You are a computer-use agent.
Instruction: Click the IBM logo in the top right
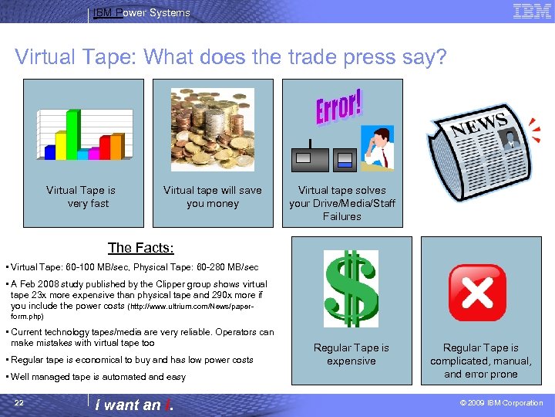(532, 11)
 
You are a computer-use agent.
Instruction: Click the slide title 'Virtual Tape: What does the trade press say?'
(230, 57)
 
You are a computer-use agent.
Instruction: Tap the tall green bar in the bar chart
(72, 134)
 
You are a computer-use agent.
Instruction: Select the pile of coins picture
(212, 129)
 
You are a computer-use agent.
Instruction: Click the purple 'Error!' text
(339, 109)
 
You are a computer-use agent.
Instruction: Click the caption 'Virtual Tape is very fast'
(81, 197)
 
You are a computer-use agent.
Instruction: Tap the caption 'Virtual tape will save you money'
(212, 197)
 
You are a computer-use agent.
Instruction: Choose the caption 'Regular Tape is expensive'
(351, 354)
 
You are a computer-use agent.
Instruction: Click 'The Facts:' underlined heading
(140, 248)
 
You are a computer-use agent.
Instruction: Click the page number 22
(19, 403)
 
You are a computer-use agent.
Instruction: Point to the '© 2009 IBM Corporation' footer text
(501, 403)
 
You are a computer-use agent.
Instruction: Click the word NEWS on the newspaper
(478, 124)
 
